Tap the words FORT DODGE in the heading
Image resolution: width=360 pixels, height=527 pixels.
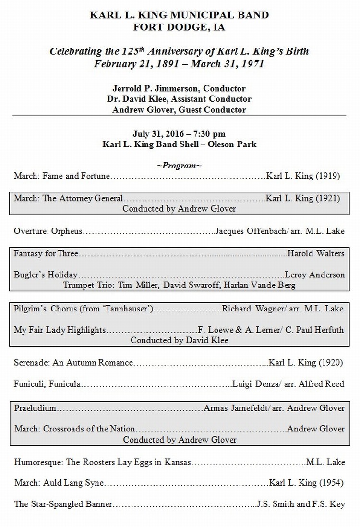[158, 27]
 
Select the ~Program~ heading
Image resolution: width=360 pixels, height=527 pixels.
[179, 166]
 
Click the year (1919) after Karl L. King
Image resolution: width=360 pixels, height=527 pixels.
[328, 176]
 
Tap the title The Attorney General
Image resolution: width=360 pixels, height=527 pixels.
[83, 198]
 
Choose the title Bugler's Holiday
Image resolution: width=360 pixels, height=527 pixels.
[46, 275]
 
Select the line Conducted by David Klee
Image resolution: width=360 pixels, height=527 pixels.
[180, 340]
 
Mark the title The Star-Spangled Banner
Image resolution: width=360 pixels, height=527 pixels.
[63, 504]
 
